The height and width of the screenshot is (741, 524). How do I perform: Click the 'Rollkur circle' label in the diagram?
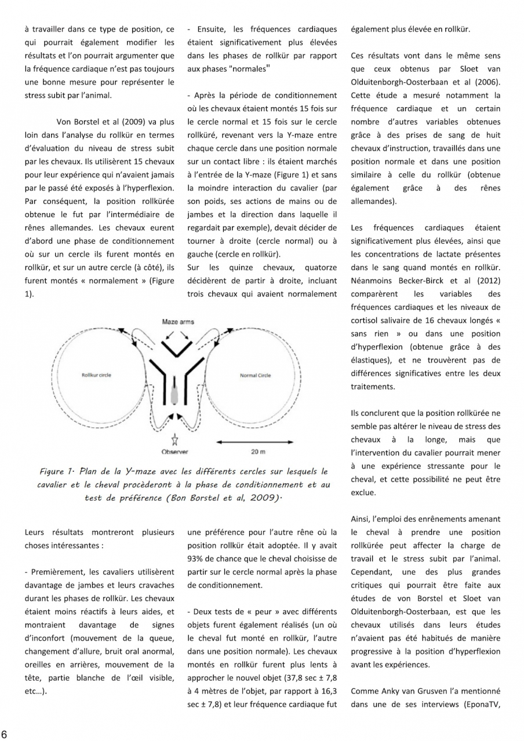[96, 375]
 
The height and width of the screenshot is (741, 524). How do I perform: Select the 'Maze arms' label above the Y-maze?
[178, 321]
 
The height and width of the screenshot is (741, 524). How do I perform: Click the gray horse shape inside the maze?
[174, 393]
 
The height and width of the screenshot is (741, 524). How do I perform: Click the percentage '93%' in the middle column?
[198, 558]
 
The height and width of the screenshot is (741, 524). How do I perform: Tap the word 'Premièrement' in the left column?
[57, 572]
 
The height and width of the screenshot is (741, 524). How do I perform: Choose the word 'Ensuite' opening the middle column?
[212, 29]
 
